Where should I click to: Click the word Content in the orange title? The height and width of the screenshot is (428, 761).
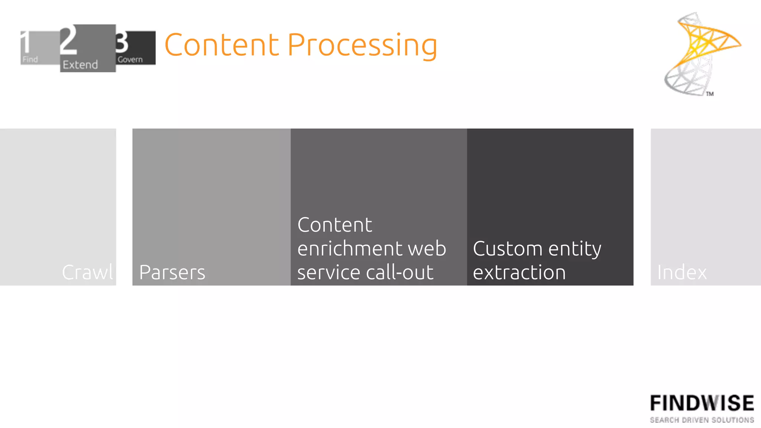[221, 45]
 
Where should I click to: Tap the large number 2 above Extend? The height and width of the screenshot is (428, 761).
[69, 40]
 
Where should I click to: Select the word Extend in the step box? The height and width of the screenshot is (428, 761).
[80, 65]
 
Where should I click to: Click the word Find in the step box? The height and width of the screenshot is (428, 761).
[30, 59]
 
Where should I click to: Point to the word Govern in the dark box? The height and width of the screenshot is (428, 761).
[130, 59]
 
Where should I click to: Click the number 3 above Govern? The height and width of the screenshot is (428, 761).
[122, 42]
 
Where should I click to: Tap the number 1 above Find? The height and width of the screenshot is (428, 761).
[25, 42]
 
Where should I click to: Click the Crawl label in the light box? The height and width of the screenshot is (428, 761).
[88, 272]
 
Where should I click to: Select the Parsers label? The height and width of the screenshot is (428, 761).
[172, 272]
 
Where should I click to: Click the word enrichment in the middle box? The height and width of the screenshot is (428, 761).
[350, 248]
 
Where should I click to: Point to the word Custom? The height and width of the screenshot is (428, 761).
[508, 248]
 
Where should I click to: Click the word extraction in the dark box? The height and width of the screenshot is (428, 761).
[519, 272]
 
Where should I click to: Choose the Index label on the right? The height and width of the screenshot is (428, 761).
[682, 272]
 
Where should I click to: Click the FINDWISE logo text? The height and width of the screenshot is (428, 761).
[702, 403]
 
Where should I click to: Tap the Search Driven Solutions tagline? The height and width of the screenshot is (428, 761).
[702, 420]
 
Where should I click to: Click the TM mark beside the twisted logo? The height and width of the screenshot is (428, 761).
[710, 94]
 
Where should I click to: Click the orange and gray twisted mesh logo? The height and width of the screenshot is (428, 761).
[699, 52]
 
